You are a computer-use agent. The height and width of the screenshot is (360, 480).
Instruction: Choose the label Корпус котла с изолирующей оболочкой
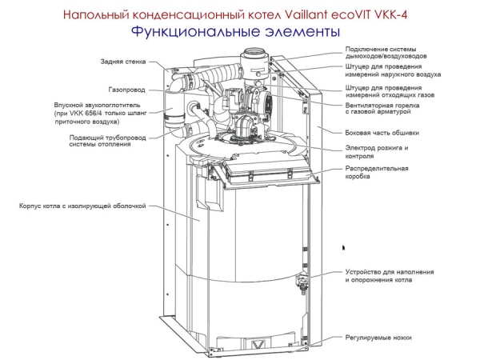pos(82,206)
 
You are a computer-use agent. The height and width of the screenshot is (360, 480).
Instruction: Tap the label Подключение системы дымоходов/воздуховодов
pos(386,52)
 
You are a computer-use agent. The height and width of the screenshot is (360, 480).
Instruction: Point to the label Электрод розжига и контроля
pos(376,152)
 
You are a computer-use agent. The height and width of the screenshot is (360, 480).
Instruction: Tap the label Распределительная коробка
pos(377,172)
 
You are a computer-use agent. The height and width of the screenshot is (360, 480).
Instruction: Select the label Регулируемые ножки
pos(378,338)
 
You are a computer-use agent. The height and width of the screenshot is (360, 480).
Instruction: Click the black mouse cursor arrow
pos(344,249)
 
